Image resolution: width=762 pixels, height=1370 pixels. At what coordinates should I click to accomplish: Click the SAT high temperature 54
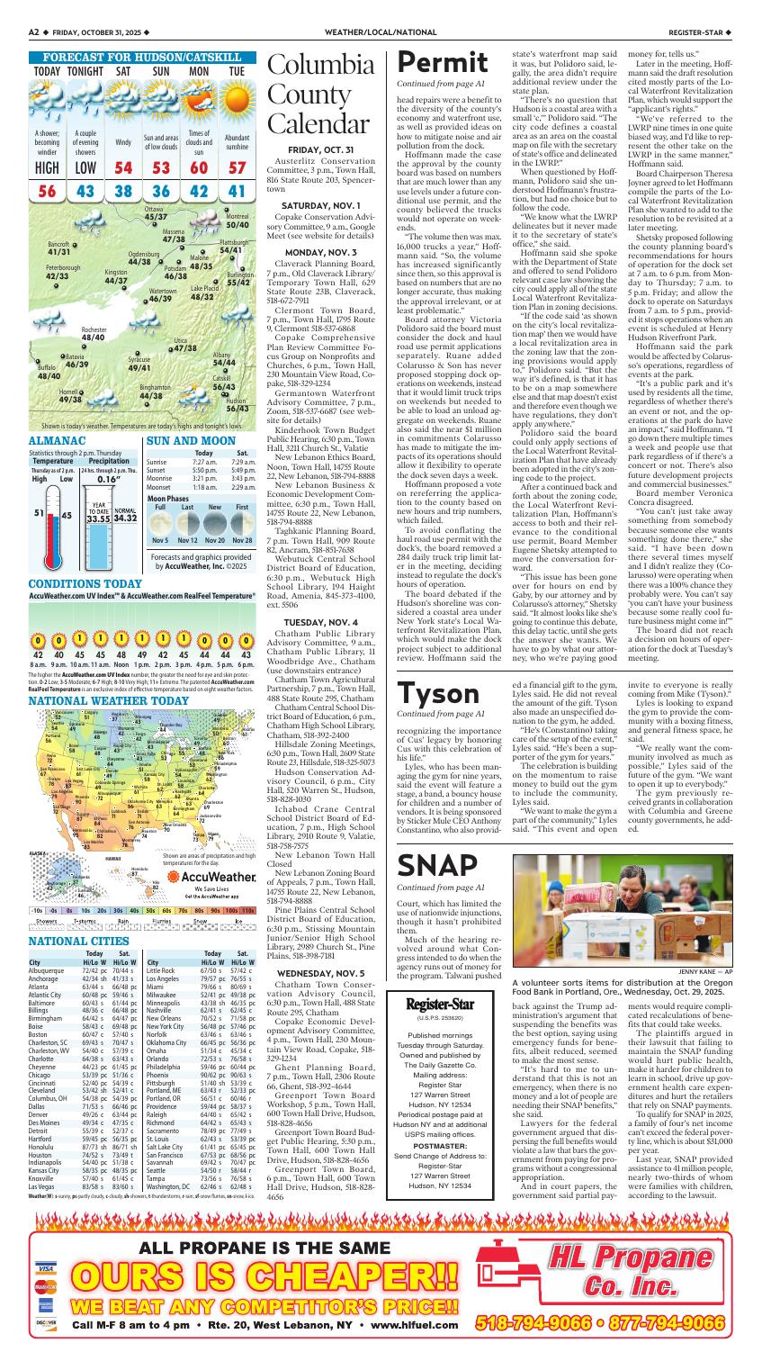[x=123, y=167]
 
